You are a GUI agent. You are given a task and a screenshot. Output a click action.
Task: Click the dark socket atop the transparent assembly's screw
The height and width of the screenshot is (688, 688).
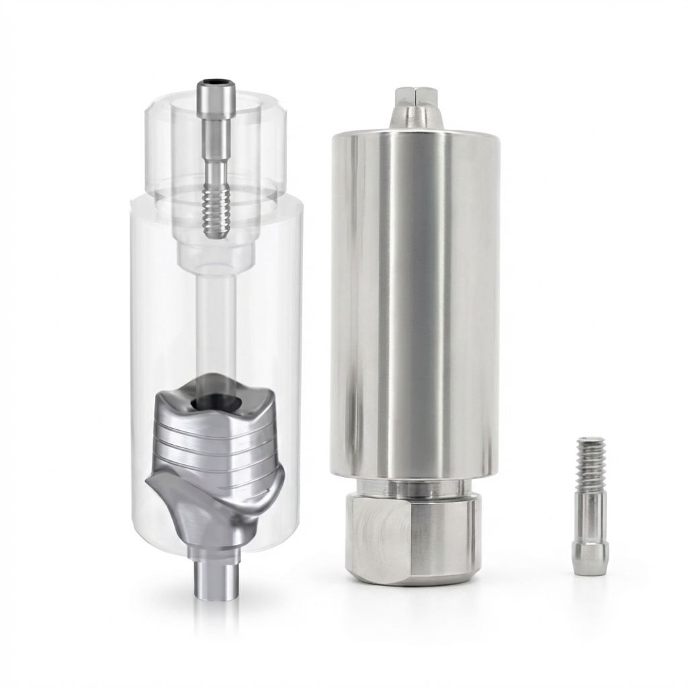point(216,85)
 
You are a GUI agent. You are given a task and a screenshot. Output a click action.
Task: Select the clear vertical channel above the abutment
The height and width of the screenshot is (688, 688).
point(216,322)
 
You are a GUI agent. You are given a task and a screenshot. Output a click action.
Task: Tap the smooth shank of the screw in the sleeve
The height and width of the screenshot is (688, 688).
point(216,168)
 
